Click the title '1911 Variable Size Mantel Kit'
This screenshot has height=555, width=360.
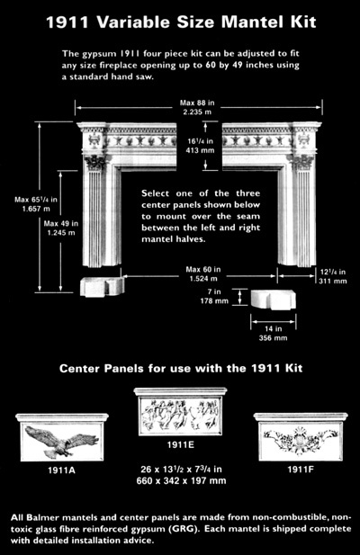coord(181,20)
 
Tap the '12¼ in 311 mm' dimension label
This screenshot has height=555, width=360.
coord(333,275)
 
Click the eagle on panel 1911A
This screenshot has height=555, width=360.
coord(61,441)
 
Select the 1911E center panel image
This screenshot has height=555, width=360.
coord(179,415)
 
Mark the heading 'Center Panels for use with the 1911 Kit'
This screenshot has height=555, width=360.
coord(180,369)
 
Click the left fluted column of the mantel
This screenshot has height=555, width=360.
coord(93,215)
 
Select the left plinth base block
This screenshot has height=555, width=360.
coord(101,287)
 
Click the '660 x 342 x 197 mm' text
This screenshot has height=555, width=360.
coord(179,480)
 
